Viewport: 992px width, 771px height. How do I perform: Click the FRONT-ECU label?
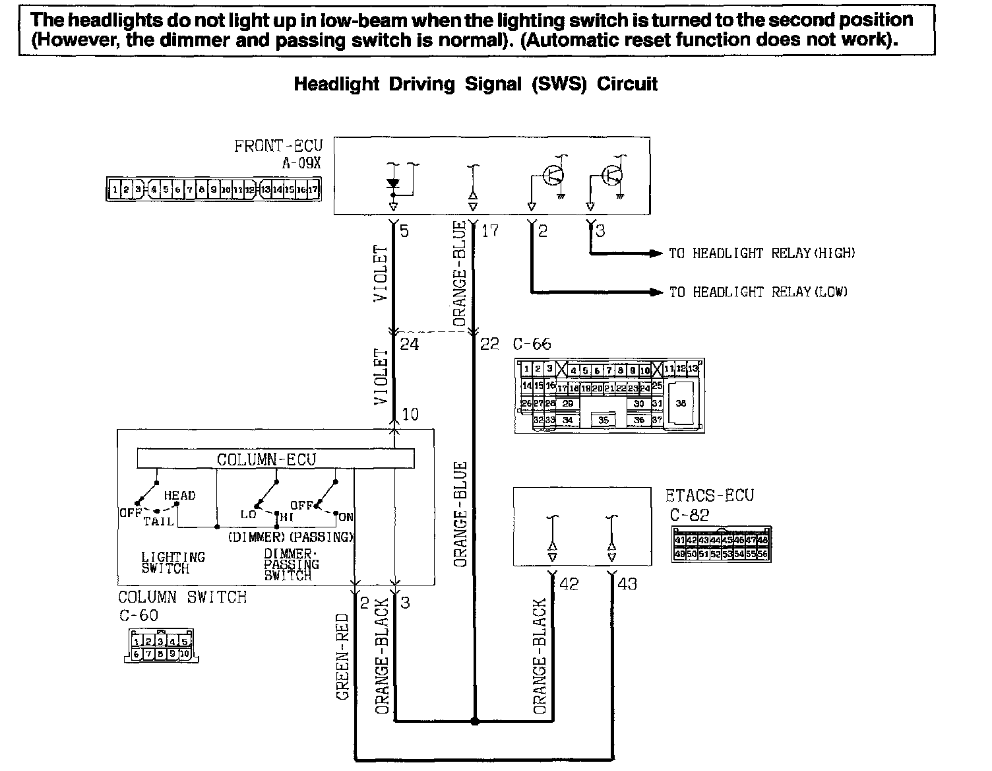tap(278, 145)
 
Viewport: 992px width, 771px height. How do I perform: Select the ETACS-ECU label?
tap(710, 495)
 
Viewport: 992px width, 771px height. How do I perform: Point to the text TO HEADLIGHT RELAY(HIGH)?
tap(762, 253)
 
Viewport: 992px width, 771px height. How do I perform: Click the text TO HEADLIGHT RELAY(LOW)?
tap(759, 292)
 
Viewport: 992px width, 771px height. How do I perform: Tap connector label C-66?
tap(532, 345)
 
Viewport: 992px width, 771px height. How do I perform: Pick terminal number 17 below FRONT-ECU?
tap(489, 231)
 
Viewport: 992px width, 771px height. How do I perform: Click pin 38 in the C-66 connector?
tap(681, 403)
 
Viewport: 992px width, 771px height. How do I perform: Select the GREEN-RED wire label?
tap(342, 657)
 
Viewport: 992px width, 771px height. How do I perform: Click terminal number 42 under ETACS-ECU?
tap(569, 584)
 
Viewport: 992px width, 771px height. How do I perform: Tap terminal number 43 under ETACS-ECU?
tap(628, 584)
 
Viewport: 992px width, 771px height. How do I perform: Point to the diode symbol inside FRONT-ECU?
tap(393, 184)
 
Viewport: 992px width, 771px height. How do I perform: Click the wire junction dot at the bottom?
tap(474, 721)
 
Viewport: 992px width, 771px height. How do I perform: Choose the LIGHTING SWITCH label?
tap(173, 563)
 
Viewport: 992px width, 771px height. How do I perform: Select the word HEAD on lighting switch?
tap(179, 496)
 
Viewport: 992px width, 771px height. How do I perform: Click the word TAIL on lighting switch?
tap(159, 521)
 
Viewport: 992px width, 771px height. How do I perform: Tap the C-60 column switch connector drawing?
tap(161, 646)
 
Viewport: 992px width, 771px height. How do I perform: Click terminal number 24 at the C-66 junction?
tap(409, 345)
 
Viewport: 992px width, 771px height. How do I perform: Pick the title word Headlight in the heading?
tap(336, 84)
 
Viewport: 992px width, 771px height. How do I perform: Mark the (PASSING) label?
tap(322, 537)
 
